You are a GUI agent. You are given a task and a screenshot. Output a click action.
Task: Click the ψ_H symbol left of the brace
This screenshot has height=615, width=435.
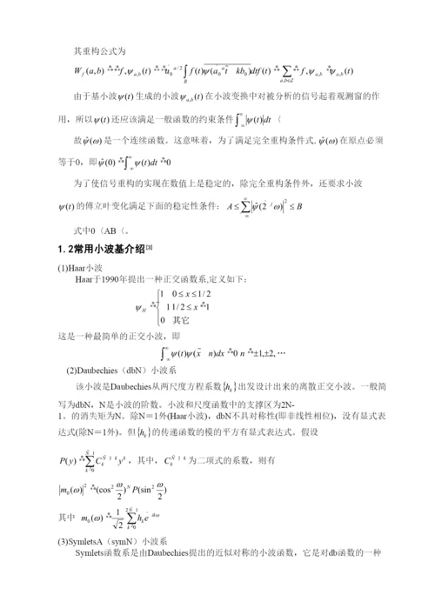point(142,306)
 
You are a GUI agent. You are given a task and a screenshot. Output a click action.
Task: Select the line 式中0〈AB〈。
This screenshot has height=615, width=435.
point(101,229)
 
